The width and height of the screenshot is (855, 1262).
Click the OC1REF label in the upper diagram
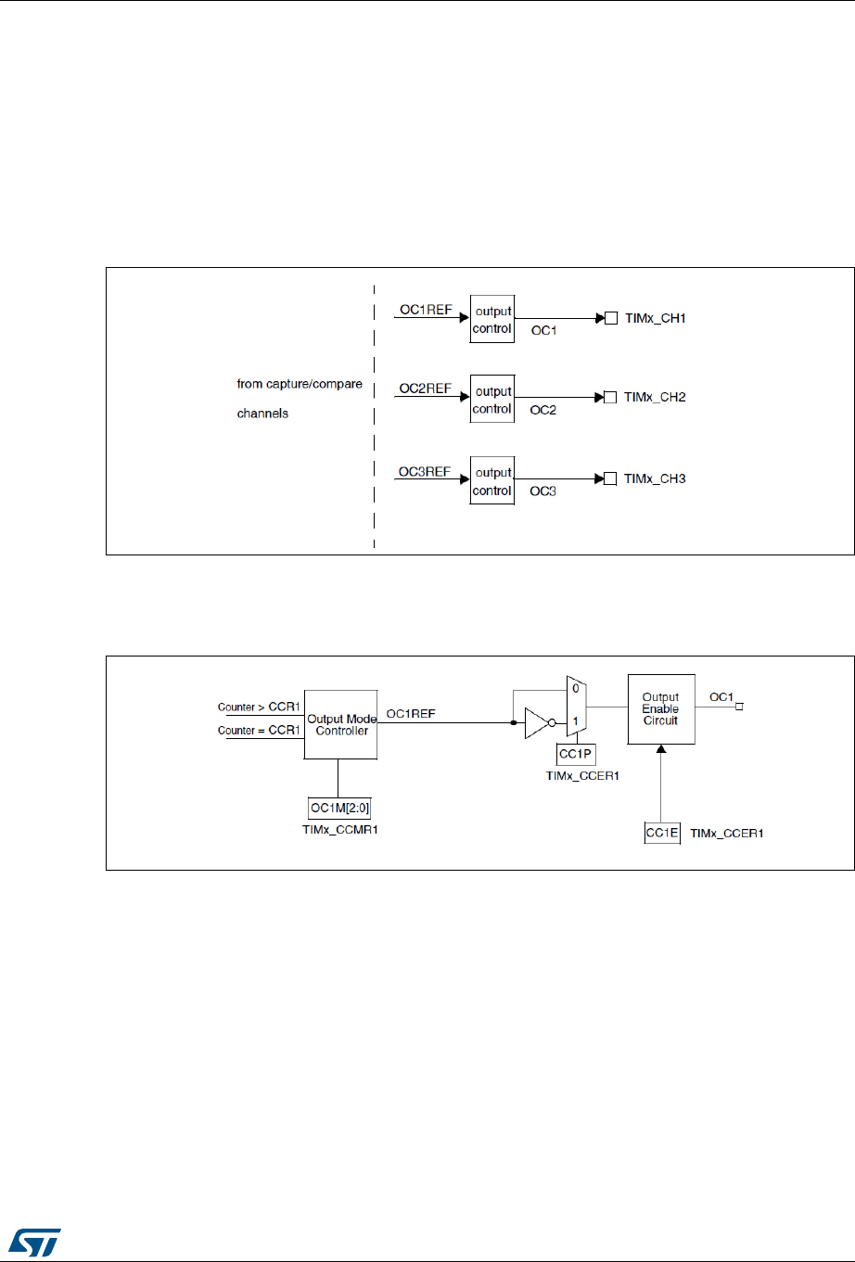click(425, 310)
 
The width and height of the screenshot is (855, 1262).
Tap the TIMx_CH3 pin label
click(655, 478)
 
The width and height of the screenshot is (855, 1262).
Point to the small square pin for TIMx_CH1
click(611, 319)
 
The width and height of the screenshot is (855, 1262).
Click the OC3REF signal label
click(425, 471)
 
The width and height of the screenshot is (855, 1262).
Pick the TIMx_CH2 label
click(655, 397)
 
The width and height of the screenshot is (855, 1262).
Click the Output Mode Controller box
click(341, 724)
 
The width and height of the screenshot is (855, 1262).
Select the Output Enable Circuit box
click(660, 708)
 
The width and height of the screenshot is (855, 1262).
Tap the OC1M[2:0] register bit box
click(339, 809)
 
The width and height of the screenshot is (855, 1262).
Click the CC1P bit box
click(576, 755)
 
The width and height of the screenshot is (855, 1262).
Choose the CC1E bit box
click(662, 833)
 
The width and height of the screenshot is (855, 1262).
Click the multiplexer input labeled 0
click(576, 689)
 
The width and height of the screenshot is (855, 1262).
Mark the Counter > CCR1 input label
click(259, 707)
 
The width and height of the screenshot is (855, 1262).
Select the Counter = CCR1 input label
click(259, 730)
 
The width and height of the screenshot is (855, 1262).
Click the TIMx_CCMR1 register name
click(340, 829)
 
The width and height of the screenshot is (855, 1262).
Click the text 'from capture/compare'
click(300, 384)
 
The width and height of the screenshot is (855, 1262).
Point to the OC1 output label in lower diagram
click(721, 696)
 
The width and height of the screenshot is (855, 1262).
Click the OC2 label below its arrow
click(542, 410)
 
